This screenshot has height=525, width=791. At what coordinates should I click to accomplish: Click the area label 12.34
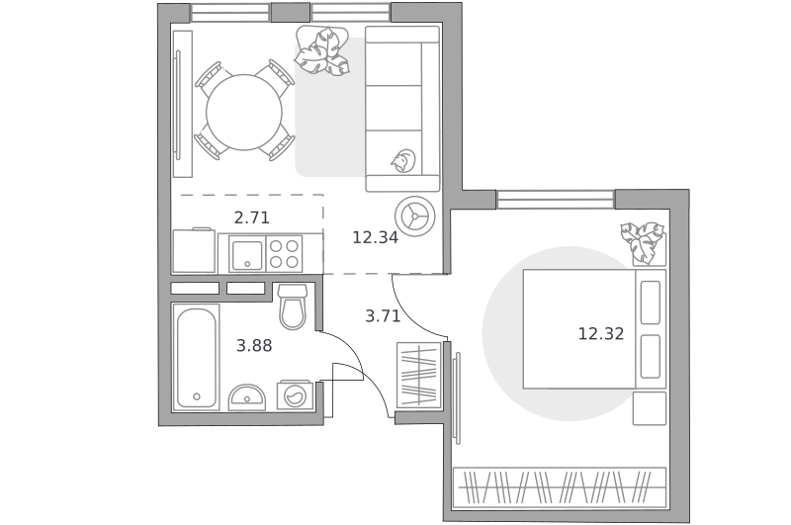(375, 237)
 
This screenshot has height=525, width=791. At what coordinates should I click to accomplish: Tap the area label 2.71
(252, 218)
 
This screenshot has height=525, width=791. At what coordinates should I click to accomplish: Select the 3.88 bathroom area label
(254, 345)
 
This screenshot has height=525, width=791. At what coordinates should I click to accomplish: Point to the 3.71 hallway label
(383, 316)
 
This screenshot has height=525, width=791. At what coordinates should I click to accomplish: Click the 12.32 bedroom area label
(601, 333)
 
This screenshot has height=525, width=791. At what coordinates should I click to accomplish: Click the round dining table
(244, 112)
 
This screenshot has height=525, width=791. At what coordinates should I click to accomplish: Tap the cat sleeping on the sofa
(403, 160)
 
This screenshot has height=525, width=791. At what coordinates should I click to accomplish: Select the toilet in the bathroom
(293, 306)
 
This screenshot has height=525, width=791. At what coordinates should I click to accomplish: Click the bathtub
(196, 357)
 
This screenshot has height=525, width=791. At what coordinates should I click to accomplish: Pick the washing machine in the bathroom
(293, 394)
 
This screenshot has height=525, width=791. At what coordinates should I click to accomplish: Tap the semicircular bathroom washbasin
(247, 397)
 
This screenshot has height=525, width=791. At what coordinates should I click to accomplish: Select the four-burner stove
(284, 254)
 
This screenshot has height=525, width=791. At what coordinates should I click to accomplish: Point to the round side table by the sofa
(414, 217)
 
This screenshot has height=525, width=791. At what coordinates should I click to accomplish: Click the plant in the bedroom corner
(643, 242)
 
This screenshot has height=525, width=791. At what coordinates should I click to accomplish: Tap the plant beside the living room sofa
(322, 51)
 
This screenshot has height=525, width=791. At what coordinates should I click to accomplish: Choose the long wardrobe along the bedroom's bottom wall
(560, 487)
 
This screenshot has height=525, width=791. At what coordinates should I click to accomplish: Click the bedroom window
(556, 200)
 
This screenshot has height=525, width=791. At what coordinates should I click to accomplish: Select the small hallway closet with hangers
(418, 375)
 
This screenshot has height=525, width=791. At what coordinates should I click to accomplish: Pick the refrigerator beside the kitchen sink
(194, 251)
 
